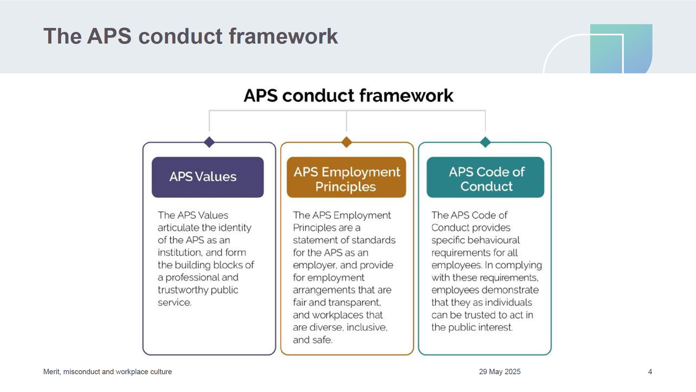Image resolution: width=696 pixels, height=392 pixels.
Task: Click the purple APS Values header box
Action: pos(208,177)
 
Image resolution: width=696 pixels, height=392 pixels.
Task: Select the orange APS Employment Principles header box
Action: pos(346,177)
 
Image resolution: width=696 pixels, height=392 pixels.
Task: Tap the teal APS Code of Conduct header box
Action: pos(485,177)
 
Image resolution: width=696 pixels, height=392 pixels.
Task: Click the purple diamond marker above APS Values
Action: pos(209,142)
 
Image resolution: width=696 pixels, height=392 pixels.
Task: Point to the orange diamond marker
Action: pos(347,142)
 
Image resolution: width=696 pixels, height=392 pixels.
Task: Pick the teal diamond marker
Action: pos(485,142)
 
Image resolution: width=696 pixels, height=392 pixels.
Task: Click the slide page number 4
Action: pos(650,372)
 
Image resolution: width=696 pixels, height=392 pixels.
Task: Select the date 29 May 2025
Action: pos(500,372)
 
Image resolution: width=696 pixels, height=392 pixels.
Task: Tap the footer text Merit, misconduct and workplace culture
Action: pos(108,372)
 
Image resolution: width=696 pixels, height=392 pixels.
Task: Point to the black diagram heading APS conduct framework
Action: pos(348,95)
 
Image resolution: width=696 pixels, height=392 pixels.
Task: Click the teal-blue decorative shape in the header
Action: pos(621,49)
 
